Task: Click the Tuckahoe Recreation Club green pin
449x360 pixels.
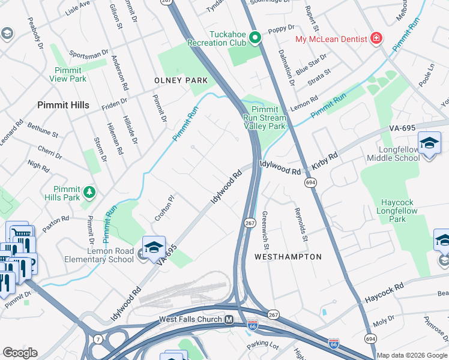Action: [255, 38]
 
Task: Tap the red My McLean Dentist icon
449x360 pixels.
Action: [376, 38]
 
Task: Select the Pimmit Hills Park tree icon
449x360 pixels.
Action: [89, 191]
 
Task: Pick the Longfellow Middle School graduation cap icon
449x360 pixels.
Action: [429, 143]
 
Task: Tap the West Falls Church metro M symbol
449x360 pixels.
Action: [229, 320]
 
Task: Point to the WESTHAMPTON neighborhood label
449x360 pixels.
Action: [288, 257]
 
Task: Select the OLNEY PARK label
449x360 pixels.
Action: [181, 80]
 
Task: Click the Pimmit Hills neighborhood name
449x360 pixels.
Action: [63, 105]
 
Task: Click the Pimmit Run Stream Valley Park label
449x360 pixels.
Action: [268, 118]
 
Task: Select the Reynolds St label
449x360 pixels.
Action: [301, 225]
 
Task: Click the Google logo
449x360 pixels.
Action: [20, 353]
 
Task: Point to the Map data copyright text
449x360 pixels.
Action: [412, 355]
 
